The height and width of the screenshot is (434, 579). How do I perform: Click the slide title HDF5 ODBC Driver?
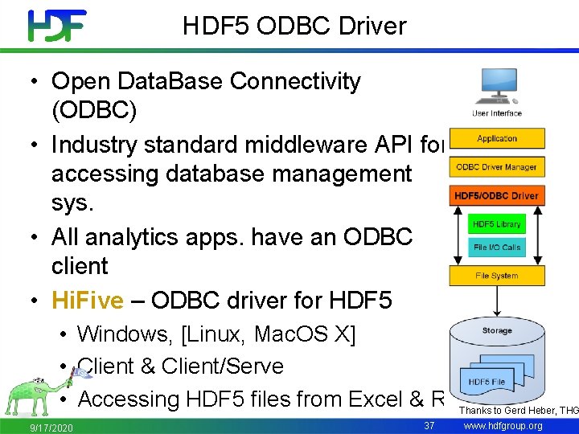tap(294, 27)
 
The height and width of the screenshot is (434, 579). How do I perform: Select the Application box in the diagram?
tap(497, 138)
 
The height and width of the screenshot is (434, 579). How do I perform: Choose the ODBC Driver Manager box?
tap(497, 167)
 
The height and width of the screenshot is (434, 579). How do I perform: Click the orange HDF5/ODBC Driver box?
tap(497, 196)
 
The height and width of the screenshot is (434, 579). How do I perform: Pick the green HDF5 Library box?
tap(496, 224)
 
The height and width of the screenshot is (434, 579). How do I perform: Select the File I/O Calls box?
tap(496, 247)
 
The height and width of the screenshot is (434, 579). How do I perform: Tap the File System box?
tap(497, 276)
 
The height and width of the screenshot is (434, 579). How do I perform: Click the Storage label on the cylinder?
tap(497, 330)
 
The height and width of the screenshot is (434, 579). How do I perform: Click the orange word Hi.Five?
tap(88, 301)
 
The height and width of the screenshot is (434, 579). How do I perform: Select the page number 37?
tap(429, 424)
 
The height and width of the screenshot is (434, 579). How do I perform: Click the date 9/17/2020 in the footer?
tap(51, 427)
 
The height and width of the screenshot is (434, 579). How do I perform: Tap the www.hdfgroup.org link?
tap(504, 425)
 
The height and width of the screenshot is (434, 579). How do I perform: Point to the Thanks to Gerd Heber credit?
tap(518, 411)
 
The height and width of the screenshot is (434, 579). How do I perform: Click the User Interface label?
tap(497, 113)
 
